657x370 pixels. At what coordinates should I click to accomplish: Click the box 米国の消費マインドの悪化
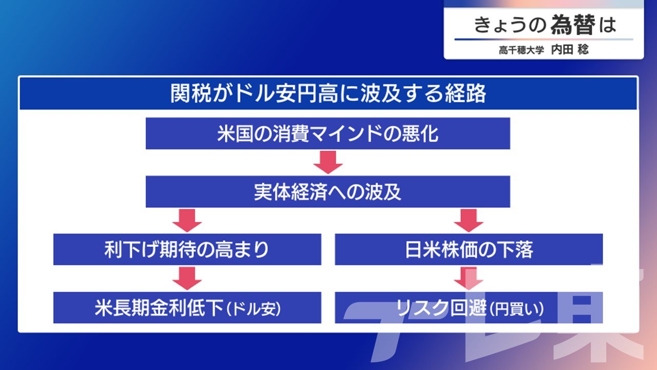tap(328, 133)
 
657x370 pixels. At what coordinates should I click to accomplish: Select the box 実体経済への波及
tap(328, 192)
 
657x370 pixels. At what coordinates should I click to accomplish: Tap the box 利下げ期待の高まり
tap(187, 249)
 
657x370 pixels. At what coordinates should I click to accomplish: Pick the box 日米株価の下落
tap(469, 249)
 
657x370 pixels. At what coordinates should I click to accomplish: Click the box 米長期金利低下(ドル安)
tap(187, 307)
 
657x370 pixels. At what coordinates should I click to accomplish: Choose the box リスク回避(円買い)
tap(469, 307)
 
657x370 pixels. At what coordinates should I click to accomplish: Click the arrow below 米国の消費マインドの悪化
tap(328, 162)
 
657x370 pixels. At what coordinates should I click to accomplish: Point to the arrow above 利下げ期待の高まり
tap(187, 220)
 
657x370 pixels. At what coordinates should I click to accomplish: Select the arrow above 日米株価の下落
tap(469, 220)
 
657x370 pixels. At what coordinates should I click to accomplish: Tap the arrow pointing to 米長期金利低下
tap(187, 279)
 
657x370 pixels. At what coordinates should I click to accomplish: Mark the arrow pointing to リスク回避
tap(469, 279)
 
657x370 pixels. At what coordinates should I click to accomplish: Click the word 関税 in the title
tap(190, 94)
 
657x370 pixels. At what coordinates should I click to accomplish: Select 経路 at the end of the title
tap(466, 94)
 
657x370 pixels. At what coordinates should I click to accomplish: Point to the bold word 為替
tap(573, 25)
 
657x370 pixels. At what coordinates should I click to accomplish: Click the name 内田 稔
tap(570, 50)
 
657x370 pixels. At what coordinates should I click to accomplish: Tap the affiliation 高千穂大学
tap(521, 50)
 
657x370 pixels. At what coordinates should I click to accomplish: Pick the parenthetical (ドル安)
tap(254, 309)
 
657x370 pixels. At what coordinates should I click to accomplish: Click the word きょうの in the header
tap(510, 25)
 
